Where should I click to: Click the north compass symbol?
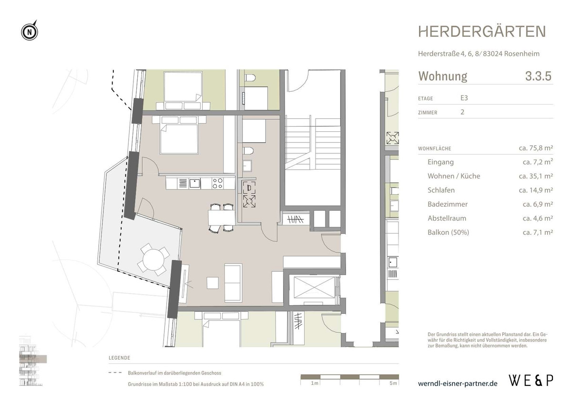point(30,32)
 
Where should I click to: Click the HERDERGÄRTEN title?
point(482,32)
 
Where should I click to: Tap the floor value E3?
point(464,98)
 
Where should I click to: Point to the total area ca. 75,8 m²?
point(535,148)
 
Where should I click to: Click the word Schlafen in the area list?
point(441,190)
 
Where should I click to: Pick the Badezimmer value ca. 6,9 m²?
point(538,204)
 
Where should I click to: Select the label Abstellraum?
point(447,218)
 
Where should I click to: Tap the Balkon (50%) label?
point(448,233)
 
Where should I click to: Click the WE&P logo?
point(531,381)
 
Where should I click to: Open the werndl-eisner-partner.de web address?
point(457,383)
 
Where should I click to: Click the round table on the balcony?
point(151,261)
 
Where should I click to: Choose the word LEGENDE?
point(119,358)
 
